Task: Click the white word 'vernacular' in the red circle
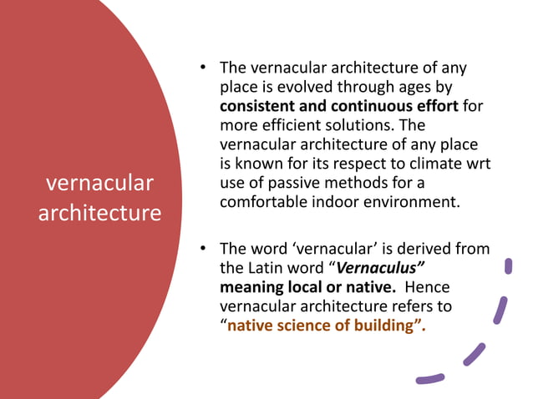(99, 183)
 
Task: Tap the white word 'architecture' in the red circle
(99, 212)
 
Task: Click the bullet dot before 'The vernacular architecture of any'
(202, 68)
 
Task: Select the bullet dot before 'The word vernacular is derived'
(202, 249)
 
